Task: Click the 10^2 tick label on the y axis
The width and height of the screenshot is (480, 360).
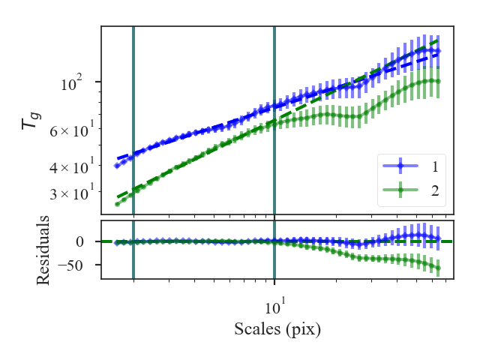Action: pyautogui.click(x=74, y=83)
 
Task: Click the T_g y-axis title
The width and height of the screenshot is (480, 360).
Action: pyautogui.click(x=31, y=119)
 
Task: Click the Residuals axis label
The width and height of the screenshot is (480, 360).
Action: pyautogui.click(x=44, y=250)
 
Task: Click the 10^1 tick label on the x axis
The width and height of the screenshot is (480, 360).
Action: pyautogui.click(x=275, y=307)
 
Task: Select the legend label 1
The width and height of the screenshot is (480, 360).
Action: pyautogui.click(x=434, y=166)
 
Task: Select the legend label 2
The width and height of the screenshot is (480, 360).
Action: pyautogui.click(x=434, y=191)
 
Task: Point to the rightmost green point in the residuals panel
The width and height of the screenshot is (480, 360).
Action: pyautogui.click(x=439, y=268)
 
